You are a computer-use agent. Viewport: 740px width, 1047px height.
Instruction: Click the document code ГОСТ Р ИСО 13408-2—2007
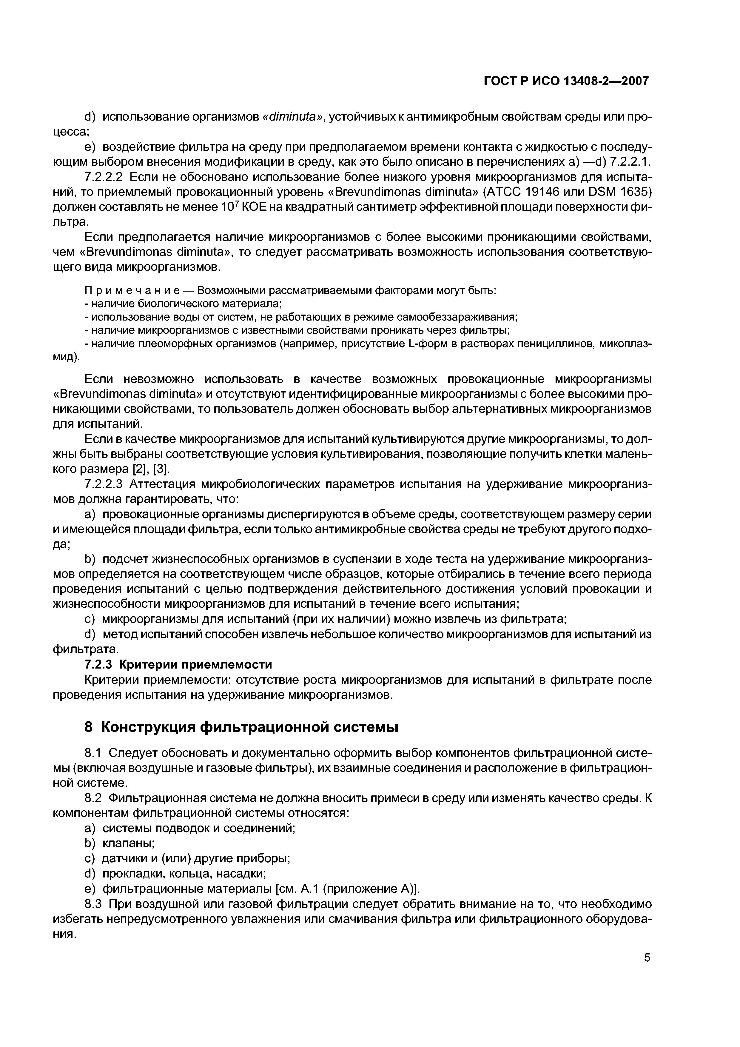coord(566,81)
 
